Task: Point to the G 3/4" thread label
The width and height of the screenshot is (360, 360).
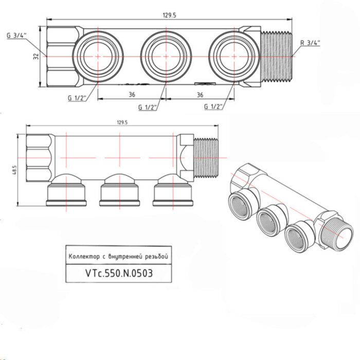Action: pyautogui.click(x=16, y=35)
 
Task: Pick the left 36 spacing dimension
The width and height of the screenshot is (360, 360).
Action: pyautogui.click(x=131, y=95)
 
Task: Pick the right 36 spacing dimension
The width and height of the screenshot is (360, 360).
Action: pyautogui.click(x=200, y=95)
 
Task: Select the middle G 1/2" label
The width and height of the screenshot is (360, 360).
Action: pyautogui.click(x=148, y=107)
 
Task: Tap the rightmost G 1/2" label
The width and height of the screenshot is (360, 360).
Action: pyautogui.click(x=213, y=107)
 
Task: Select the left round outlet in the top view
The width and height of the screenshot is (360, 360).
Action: pyautogui.click(x=98, y=56)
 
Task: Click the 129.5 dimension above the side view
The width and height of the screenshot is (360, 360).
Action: pyautogui.click(x=122, y=122)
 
